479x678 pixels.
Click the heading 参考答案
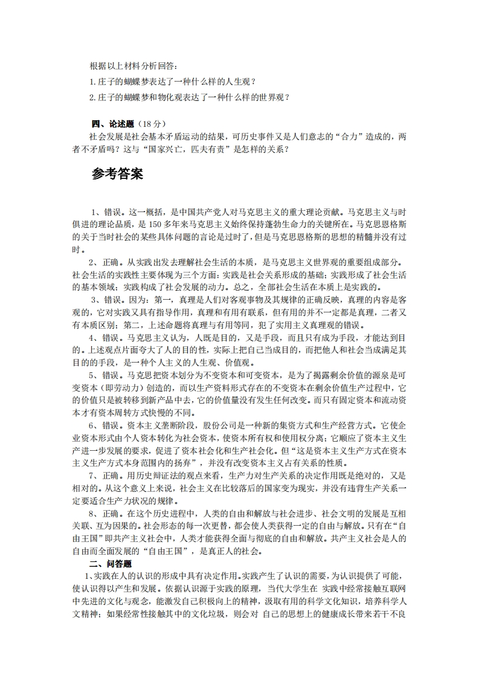click(x=118, y=174)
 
